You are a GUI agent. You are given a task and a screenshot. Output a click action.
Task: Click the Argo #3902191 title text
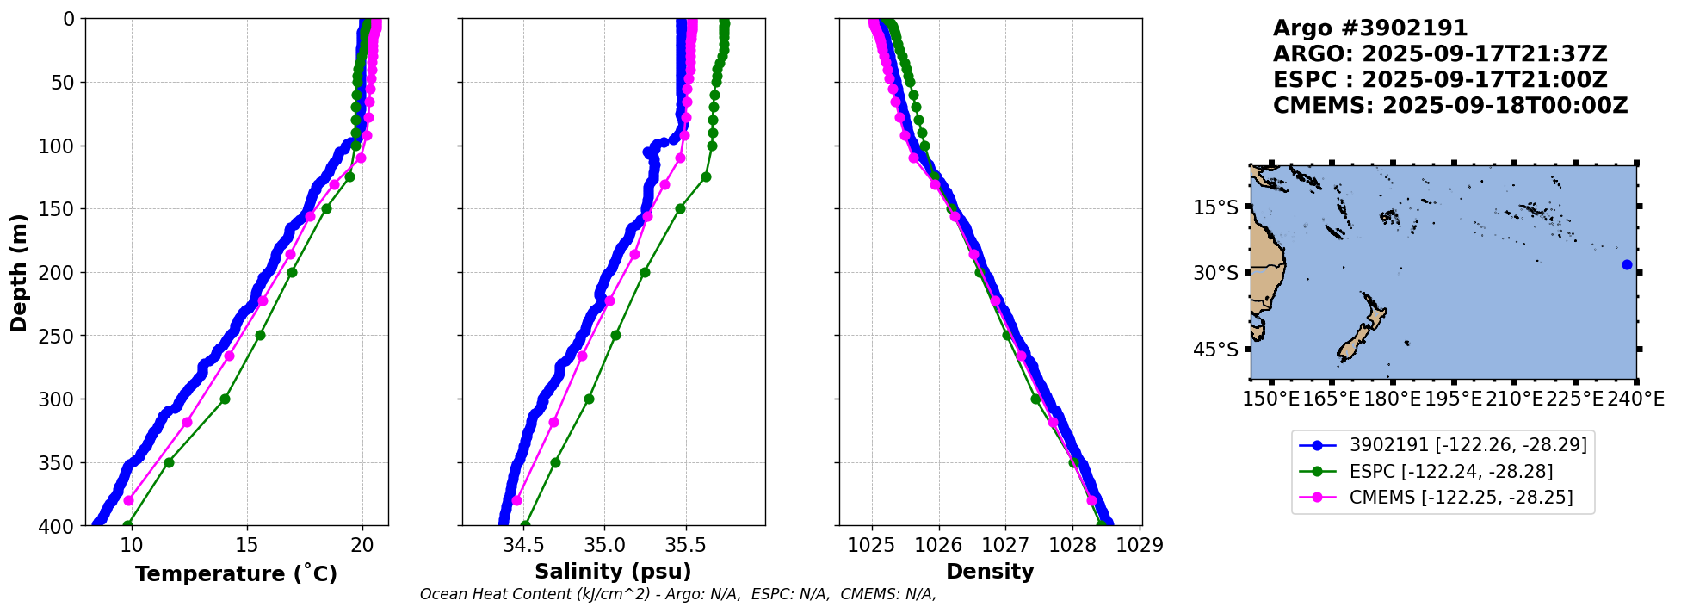coord(1370,28)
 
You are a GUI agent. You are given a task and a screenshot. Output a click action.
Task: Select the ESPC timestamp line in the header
coord(1439,80)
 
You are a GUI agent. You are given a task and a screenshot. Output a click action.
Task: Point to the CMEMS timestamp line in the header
coord(1450,106)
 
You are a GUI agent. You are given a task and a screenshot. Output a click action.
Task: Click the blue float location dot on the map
coord(1627,264)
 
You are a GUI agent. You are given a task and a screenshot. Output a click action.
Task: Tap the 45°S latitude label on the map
coord(1215,350)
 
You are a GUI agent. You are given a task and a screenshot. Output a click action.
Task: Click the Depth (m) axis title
coord(19,272)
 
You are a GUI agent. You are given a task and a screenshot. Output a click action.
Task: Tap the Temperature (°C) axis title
coord(236,573)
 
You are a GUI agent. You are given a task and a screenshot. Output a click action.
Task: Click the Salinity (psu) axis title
coord(613,572)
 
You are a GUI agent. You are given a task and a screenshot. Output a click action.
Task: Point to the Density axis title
coord(990,572)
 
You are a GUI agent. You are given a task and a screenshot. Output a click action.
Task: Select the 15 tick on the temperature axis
coord(247,545)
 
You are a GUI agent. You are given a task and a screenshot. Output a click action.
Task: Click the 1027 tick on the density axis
coord(1005,545)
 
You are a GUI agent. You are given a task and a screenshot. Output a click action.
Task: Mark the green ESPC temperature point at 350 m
coord(169,462)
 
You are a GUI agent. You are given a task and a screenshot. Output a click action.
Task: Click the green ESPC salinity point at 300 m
coord(589,399)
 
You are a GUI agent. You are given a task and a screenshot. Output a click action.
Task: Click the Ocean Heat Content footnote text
coord(677,594)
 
